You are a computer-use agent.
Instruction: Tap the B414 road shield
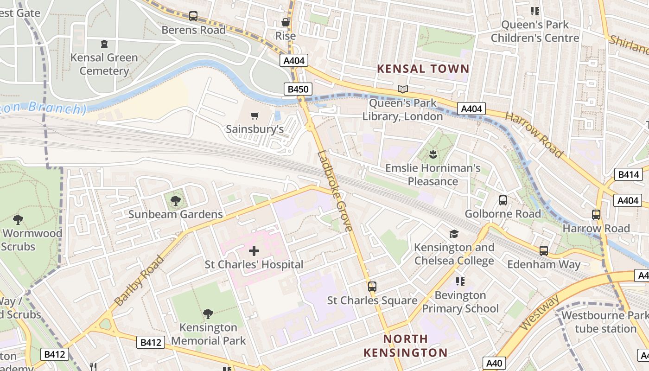click(x=628, y=175)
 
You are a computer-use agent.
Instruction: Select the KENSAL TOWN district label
click(x=423, y=69)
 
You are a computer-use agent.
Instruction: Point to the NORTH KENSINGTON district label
click(x=405, y=345)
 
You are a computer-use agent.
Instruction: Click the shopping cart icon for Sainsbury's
click(x=255, y=115)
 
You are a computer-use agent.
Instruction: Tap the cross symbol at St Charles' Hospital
click(x=254, y=251)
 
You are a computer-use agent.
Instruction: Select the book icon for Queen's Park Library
click(x=403, y=89)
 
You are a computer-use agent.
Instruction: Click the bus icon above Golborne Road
click(x=503, y=200)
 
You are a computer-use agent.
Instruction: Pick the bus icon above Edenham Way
click(x=543, y=251)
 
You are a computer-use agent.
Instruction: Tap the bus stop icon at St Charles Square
click(x=372, y=287)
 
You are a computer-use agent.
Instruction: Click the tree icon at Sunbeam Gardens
click(x=175, y=201)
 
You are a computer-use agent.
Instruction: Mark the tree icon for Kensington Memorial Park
click(x=208, y=314)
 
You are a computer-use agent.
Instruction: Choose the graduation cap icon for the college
click(x=454, y=234)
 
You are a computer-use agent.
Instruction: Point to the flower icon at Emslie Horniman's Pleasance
click(x=433, y=154)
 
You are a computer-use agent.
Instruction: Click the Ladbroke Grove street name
click(x=335, y=191)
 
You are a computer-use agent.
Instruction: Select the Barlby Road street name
click(x=139, y=281)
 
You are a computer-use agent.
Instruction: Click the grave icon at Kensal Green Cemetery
click(x=104, y=44)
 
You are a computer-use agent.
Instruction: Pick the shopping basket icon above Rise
click(x=285, y=22)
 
